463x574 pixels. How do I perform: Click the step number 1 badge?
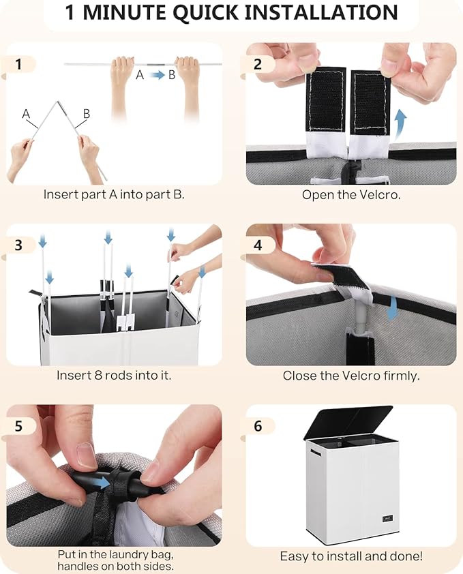tap(18, 65)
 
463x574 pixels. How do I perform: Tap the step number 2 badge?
tap(258, 65)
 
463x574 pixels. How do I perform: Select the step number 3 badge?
tap(18, 245)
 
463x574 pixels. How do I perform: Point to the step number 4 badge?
tap(258, 245)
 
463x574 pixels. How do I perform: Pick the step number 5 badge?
tap(18, 426)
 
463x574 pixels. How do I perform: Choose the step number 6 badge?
tap(258, 426)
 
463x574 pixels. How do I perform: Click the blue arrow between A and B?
tap(158, 75)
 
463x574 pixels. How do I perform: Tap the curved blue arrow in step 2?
tap(401, 125)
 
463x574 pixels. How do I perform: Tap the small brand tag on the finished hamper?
tap(387, 518)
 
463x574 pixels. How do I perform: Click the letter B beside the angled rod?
tap(87, 114)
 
